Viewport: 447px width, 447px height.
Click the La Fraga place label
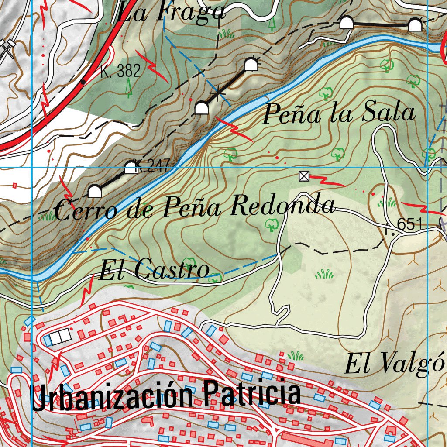coord(170,12)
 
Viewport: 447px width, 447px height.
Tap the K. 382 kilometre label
coord(120,71)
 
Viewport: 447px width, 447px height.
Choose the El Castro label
coord(154,270)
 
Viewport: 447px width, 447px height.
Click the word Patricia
coord(252,392)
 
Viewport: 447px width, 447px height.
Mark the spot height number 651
coord(409,225)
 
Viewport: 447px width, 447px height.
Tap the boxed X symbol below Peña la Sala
coord(304,176)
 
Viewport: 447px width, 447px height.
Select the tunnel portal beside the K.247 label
coord(131,168)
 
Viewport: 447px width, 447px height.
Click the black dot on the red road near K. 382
coord(83,82)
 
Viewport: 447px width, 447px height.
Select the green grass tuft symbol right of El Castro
coord(324,274)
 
